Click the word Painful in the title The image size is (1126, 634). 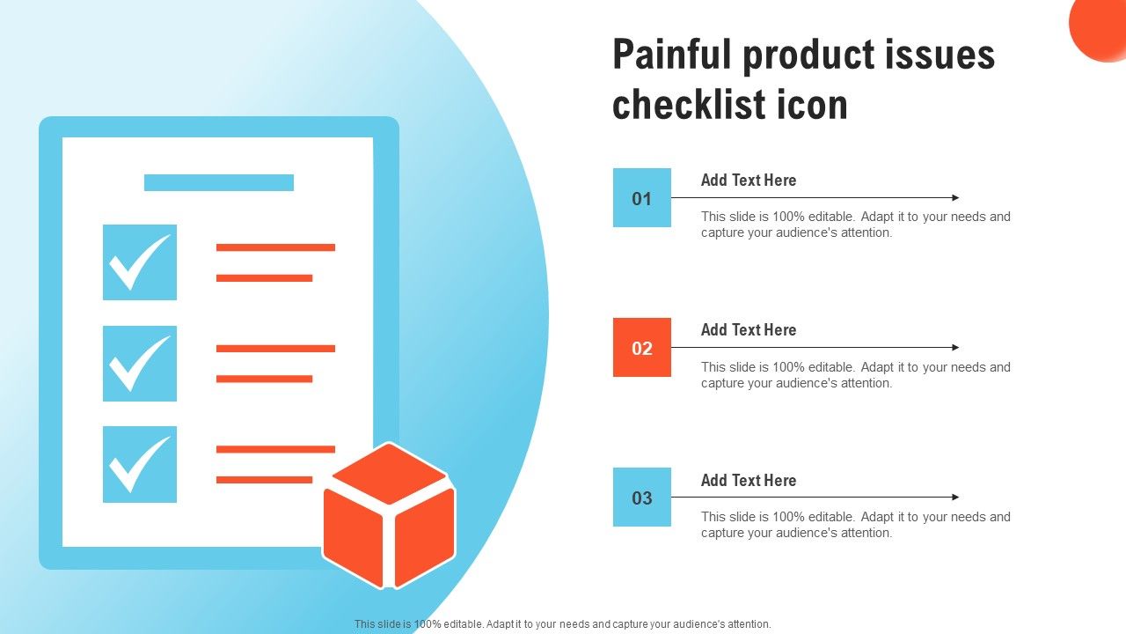click(671, 55)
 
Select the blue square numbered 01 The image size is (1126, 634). click(642, 198)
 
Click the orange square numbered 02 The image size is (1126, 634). click(642, 347)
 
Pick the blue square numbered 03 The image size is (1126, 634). click(642, 498)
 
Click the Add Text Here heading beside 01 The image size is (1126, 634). click(749, 181)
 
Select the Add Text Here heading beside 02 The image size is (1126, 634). click(749, 330)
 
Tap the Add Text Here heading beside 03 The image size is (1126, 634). click(749, 481)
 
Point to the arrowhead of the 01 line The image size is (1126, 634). click(956, 198)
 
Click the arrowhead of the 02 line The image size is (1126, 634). click(956, 347)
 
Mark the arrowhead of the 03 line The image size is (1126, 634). click(956, 498)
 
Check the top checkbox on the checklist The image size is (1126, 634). click(140, 262)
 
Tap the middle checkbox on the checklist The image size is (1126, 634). click(140, 364)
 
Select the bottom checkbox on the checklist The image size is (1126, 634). click(140, 464)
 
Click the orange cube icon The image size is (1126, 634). click(389, 516)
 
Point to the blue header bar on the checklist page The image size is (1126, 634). click(219, 182)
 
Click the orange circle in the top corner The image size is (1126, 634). click(1100, 26)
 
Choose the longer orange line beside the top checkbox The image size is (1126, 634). click(275, 247)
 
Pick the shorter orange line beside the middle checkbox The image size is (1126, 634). click(265, 379)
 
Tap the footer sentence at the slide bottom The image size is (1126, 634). click(562, 624)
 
